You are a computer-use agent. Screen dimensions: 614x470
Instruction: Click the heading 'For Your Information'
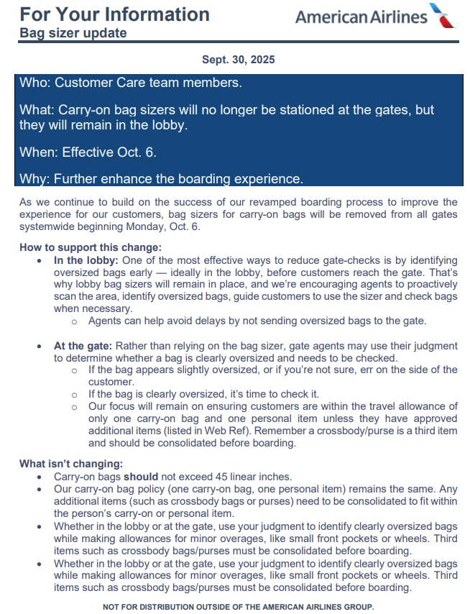[114, 14]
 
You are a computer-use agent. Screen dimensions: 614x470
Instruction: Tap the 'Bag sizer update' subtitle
[73, 33]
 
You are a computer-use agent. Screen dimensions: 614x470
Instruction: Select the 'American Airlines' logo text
[360, 17]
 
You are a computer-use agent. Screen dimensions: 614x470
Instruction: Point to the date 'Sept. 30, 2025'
[239, 60]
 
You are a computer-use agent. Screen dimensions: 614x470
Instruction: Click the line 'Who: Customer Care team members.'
[130, 83]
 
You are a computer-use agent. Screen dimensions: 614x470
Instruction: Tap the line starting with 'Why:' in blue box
[161, 178]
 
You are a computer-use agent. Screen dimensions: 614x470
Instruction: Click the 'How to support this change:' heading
[91, 248]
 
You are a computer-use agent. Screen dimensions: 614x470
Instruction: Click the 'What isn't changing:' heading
[71, 464]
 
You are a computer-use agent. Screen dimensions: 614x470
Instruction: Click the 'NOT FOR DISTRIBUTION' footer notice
[238, 607]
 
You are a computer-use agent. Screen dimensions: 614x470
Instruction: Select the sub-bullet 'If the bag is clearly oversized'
[203, 394]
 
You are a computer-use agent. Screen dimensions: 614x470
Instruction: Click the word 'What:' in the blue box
[37, 110]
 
